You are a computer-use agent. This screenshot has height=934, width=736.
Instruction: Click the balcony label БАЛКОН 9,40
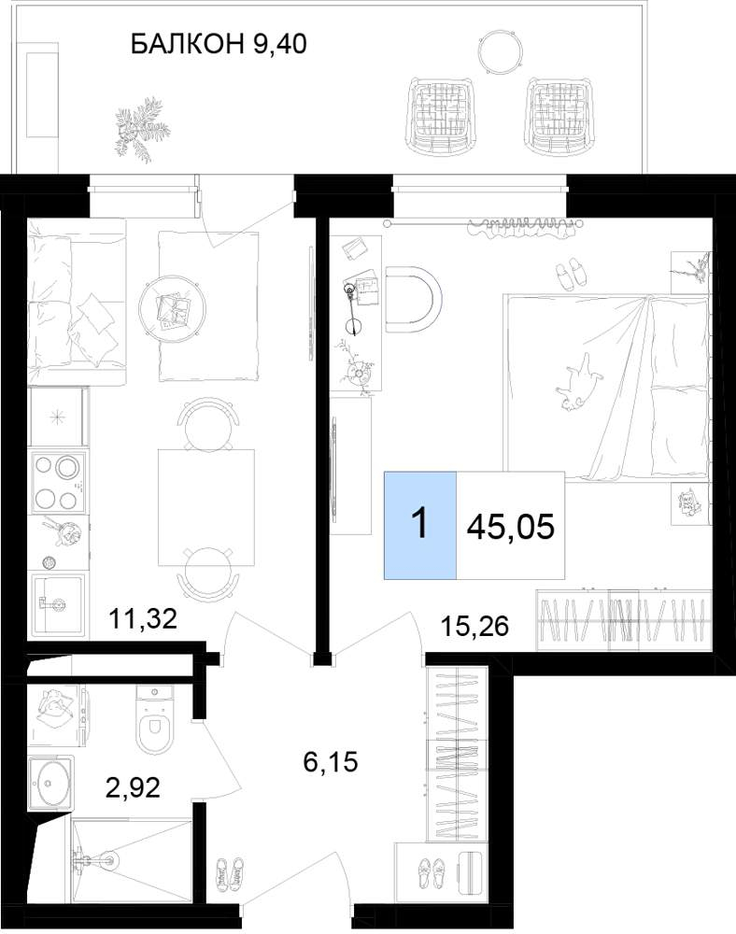pyautogui.click(x=219, y=44)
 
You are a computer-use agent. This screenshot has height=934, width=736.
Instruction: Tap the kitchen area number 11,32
pyautogui.click(x=143, y=619)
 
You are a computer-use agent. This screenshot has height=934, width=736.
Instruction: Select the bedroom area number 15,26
pyautogui.click(x=474, y=626)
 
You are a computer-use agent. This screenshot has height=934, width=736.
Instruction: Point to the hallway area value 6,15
pyautogui.click(x=331, y=762)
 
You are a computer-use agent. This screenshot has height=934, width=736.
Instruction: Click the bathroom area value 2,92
pyautogui.click(x=133, y=787)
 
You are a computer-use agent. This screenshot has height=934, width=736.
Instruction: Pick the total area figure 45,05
pyautogui.click(x=511, y=527)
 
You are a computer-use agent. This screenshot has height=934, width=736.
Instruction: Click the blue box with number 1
pyautogui.click(x=420, y=525)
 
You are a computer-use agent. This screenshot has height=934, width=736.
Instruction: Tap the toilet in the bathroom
pyautogui.click(x=155, y=719)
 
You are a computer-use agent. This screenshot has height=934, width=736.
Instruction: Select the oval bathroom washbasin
pyautogui.click(x=50, y=783)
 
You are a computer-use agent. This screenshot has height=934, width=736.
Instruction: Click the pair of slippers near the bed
pyautogui.click(x=570, y=274)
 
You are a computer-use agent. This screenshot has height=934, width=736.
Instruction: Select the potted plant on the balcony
pyautogui.click(x=140, y=126)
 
